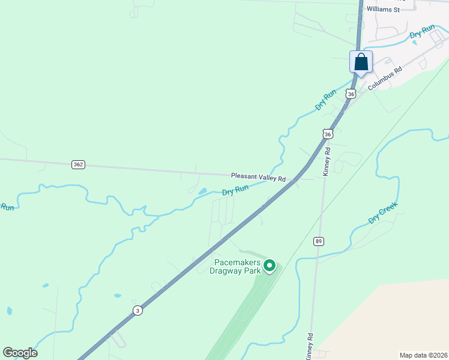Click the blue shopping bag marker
[x=361, y=62]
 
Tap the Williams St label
[x=383, y=10]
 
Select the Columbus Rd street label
[x=384, y=78]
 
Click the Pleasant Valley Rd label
[x=258, y=178]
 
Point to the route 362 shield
[x=78, y=164]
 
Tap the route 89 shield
[x=318, y=241]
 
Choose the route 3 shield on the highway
[x=138, y=310]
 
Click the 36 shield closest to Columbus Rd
[x=351, y=94]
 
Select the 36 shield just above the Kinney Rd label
[x=327, y=133]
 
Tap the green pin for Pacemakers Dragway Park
[x=270, y=265]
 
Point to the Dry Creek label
[x=383, y=212]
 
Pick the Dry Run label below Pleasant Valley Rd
[x=235, y=191]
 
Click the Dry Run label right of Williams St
[x=422, y=32]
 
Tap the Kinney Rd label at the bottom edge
[x=309, y=347]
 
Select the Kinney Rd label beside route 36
[x=327, y=158]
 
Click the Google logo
[x=20, y=353]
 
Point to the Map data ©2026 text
[x=423, y=355]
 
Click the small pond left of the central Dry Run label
[x=202, y=192]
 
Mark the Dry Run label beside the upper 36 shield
[x=326, y=100]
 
